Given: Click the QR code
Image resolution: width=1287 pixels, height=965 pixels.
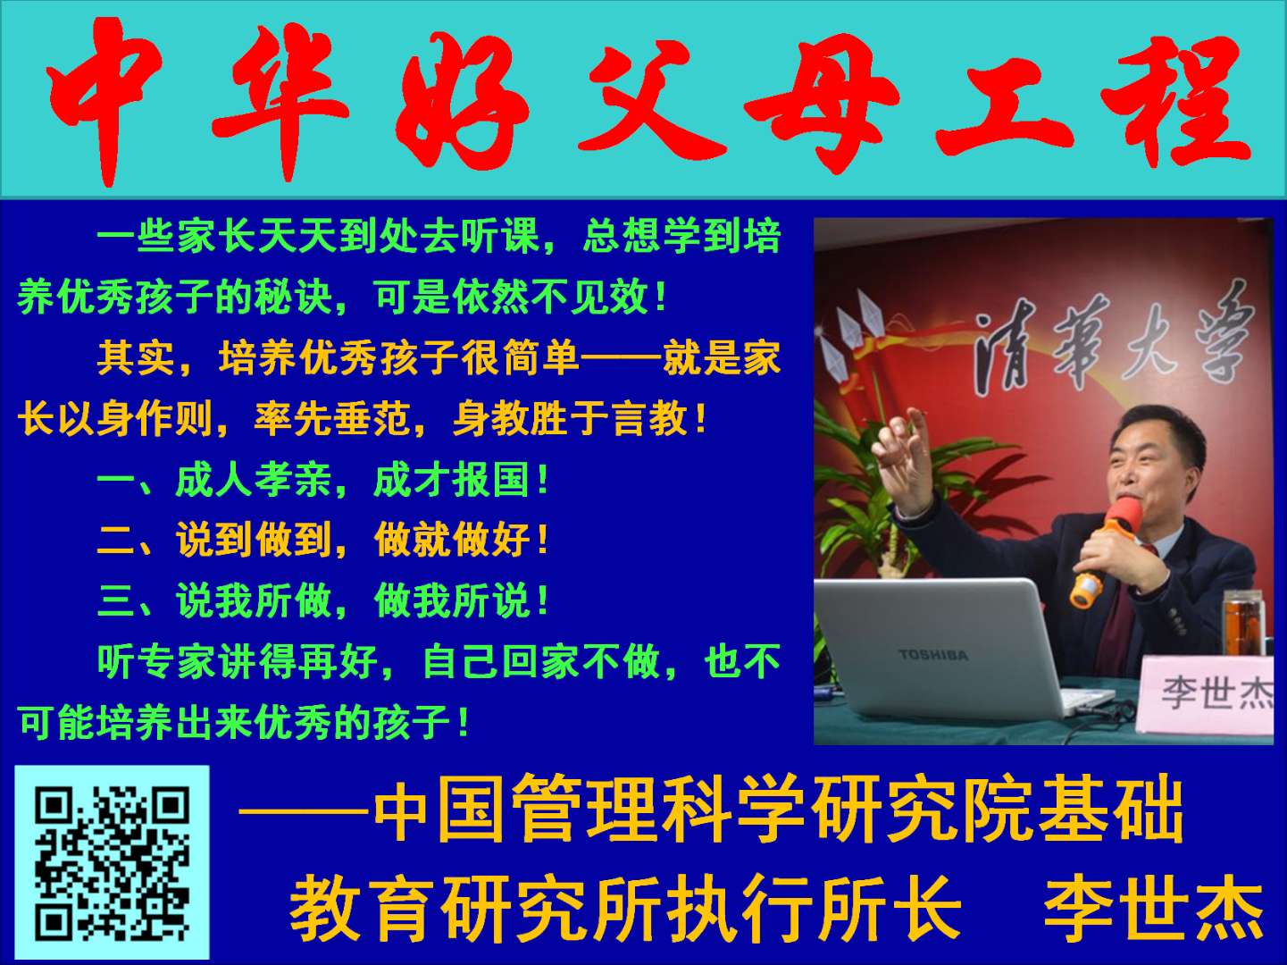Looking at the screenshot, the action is [112, 862].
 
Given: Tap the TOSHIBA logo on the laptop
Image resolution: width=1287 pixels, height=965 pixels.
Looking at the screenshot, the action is [933, 655].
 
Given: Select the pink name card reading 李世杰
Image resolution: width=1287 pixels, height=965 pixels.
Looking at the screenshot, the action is [1206, 694].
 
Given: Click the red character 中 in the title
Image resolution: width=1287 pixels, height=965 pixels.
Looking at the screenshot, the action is [103, 101].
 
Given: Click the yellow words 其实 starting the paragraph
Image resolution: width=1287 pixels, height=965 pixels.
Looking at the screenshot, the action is [136, 358].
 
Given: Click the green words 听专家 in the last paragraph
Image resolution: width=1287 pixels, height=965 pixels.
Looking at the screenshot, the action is [156, 662].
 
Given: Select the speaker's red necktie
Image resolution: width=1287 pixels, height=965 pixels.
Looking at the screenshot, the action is [1123, 616].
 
